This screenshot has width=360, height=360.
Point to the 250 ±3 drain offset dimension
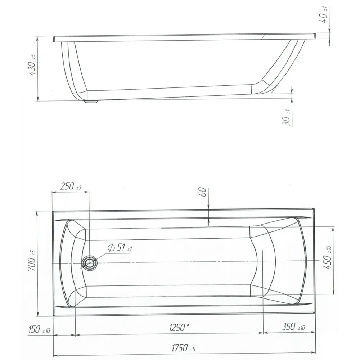71,187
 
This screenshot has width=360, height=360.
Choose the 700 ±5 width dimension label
32,260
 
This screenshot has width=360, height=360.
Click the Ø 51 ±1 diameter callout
120,248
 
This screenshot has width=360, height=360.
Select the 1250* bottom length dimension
179,327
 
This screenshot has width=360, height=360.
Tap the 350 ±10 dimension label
294,327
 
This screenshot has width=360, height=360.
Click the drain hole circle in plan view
89,263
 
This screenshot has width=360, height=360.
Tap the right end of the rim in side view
315,36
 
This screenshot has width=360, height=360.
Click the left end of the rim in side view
54,39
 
